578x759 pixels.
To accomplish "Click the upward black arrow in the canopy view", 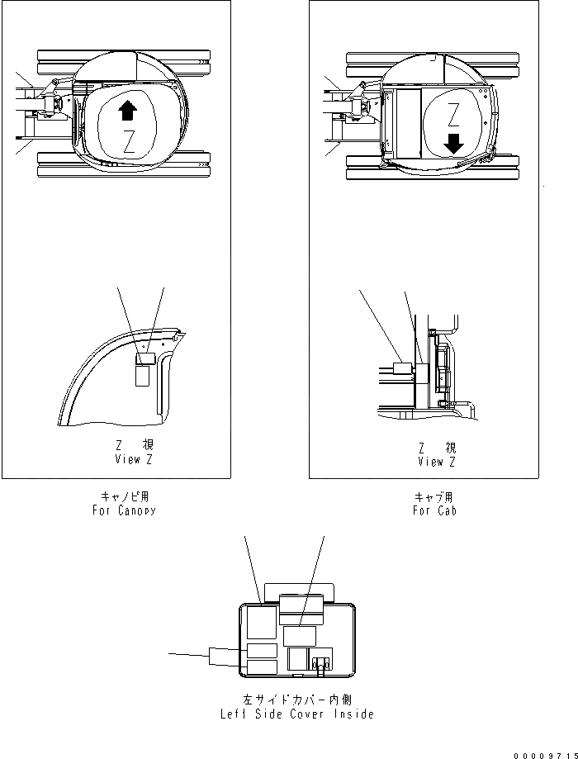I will click(127, 109).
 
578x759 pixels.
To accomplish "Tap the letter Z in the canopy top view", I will click(128, 140).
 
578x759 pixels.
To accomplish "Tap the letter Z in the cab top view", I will click(452, 113).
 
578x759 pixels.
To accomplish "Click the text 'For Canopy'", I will click(124, 510).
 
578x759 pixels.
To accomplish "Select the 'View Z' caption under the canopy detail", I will click(134, 459).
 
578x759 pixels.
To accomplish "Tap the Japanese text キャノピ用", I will click(125, 497).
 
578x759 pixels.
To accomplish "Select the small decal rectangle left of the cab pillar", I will click(404, 372).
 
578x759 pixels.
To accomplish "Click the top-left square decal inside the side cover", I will click(262, 619).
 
